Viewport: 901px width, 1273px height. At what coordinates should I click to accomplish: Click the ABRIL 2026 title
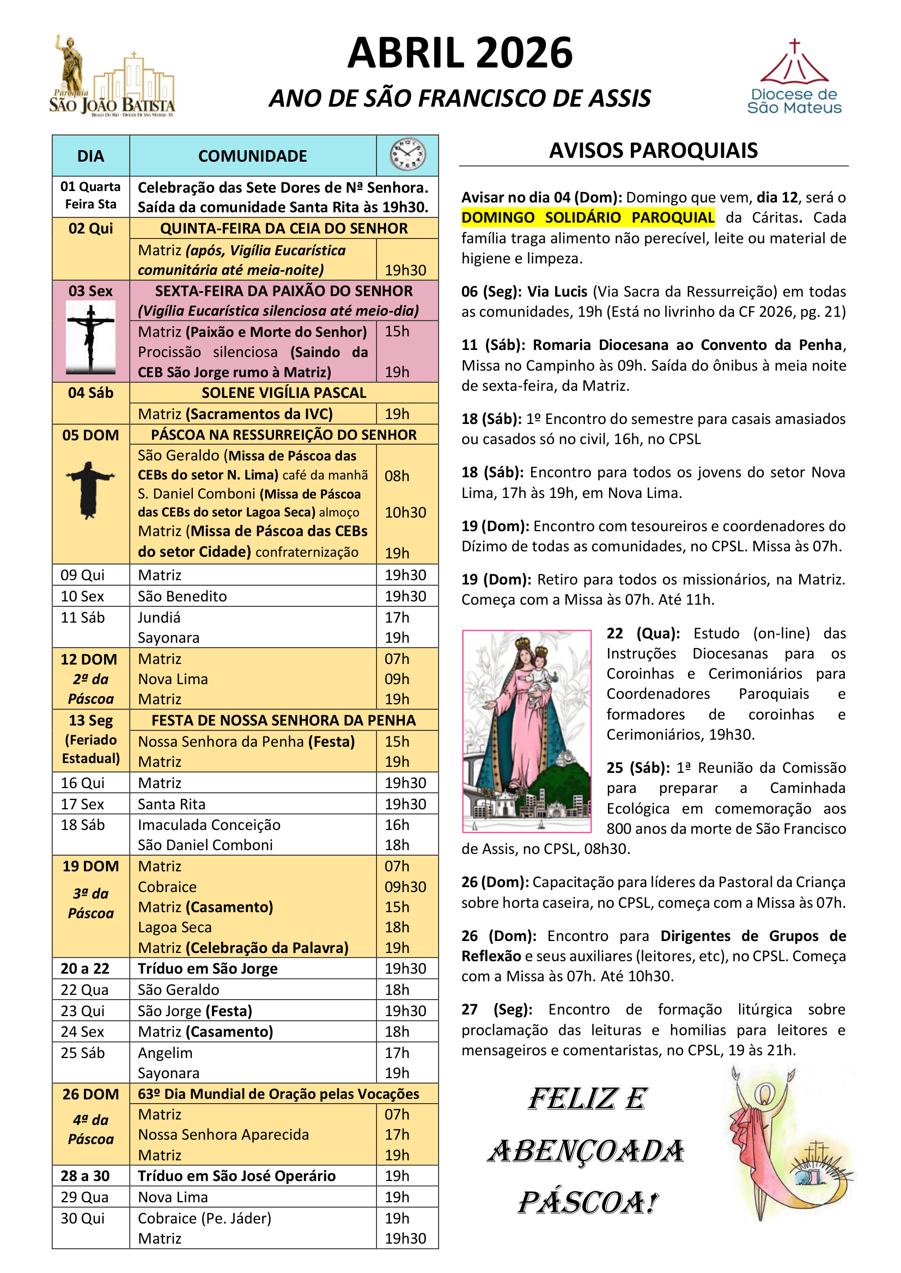point(459,53)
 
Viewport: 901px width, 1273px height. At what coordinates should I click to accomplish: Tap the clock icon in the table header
point(407,155)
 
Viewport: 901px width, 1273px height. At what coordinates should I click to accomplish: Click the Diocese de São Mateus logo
point(794,78)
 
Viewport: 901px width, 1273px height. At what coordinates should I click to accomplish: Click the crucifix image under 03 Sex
point(90,336)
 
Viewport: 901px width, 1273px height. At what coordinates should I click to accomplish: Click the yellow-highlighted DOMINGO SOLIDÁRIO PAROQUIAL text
point(588,217)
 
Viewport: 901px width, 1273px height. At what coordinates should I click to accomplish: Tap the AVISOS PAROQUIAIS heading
point(653,151)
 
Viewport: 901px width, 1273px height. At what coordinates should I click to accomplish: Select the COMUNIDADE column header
point(252,156)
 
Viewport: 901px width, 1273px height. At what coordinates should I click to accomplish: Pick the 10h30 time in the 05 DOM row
point(406,512)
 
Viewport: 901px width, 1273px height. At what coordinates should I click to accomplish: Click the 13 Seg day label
point(90,720)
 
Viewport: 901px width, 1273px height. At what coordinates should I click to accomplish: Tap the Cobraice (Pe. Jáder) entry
point(204,1218)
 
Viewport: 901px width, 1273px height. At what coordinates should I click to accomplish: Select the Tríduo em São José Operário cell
point(236,1176)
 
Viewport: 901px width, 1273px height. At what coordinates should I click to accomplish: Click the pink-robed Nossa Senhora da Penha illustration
point(527,731)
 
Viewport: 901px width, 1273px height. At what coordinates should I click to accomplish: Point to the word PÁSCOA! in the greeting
point(588,1203)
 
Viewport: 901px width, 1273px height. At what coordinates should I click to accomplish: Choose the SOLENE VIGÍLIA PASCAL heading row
point(283,392)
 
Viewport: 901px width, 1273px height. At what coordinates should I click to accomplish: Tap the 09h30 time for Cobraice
point(406,887)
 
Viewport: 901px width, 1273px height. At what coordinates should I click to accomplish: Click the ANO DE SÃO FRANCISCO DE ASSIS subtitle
point(459,98)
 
